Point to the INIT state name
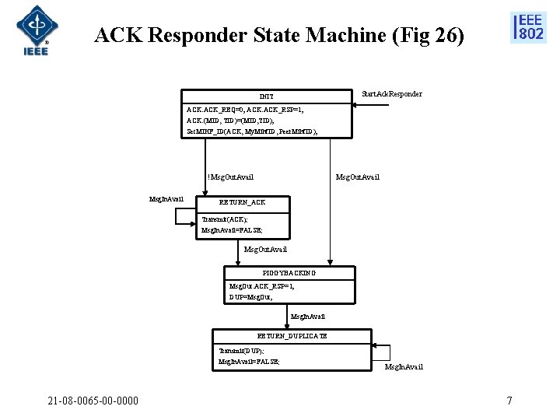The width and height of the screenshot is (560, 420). pyautogui.click(x=266, y=96)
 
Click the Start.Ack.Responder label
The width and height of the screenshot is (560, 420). pyautogui.click(x=392, y=94)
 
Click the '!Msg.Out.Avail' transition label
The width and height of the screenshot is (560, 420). pyautogui.click(x=230, y=177)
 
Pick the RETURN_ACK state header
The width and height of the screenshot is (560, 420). pyautogui.click(x=242, y=202)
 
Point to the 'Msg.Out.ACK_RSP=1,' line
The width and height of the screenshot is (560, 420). pyautogui.click(x=261, y=286)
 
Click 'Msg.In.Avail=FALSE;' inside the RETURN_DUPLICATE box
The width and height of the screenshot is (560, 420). pyautogui.click(x=249, y=362)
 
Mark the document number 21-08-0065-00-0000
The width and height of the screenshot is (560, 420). pyautogui.click(x=93, y=401)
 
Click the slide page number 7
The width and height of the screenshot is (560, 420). pyautogui.click(x=509, y=401)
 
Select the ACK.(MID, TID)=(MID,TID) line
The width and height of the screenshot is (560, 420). pyautogui.click(x=230, y=121)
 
